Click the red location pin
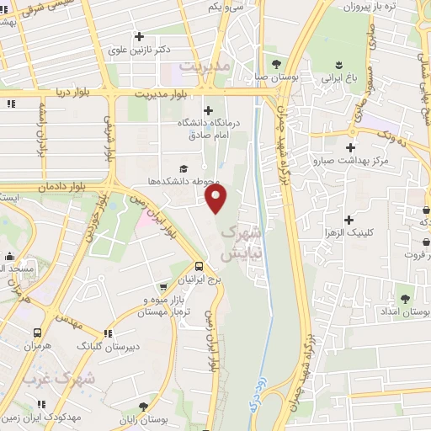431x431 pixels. click(x=216, y=198)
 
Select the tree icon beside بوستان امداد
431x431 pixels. click(x=405, y=298)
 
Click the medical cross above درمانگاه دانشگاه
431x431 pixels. click(x=209, y=110)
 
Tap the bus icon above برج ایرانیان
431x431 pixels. click(x=199, y=265)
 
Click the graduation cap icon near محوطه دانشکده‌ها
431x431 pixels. click(x=184, y=168)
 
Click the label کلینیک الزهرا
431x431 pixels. click(x=349, y=210)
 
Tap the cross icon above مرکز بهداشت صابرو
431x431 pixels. click(x=349, y=146)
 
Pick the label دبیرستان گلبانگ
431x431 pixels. click(x=108, y=346)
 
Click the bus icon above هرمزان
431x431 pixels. click(x=37, y=333)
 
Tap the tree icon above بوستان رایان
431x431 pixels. click(x=152, y=407)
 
